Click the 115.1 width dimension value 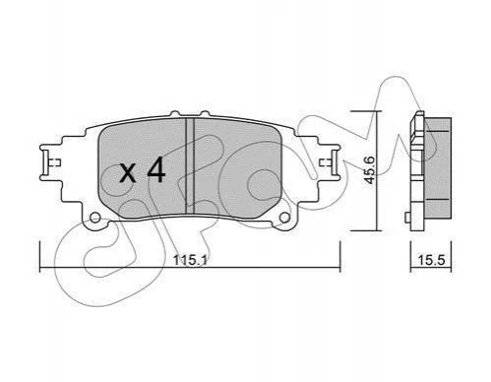[190, 261]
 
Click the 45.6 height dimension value [370, 170]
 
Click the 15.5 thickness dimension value [431, 260]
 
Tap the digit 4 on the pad [155, 169]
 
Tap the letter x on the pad [128, 173]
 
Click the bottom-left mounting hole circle [95, 218]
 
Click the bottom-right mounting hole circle [284, 218]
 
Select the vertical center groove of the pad [190, 166]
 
